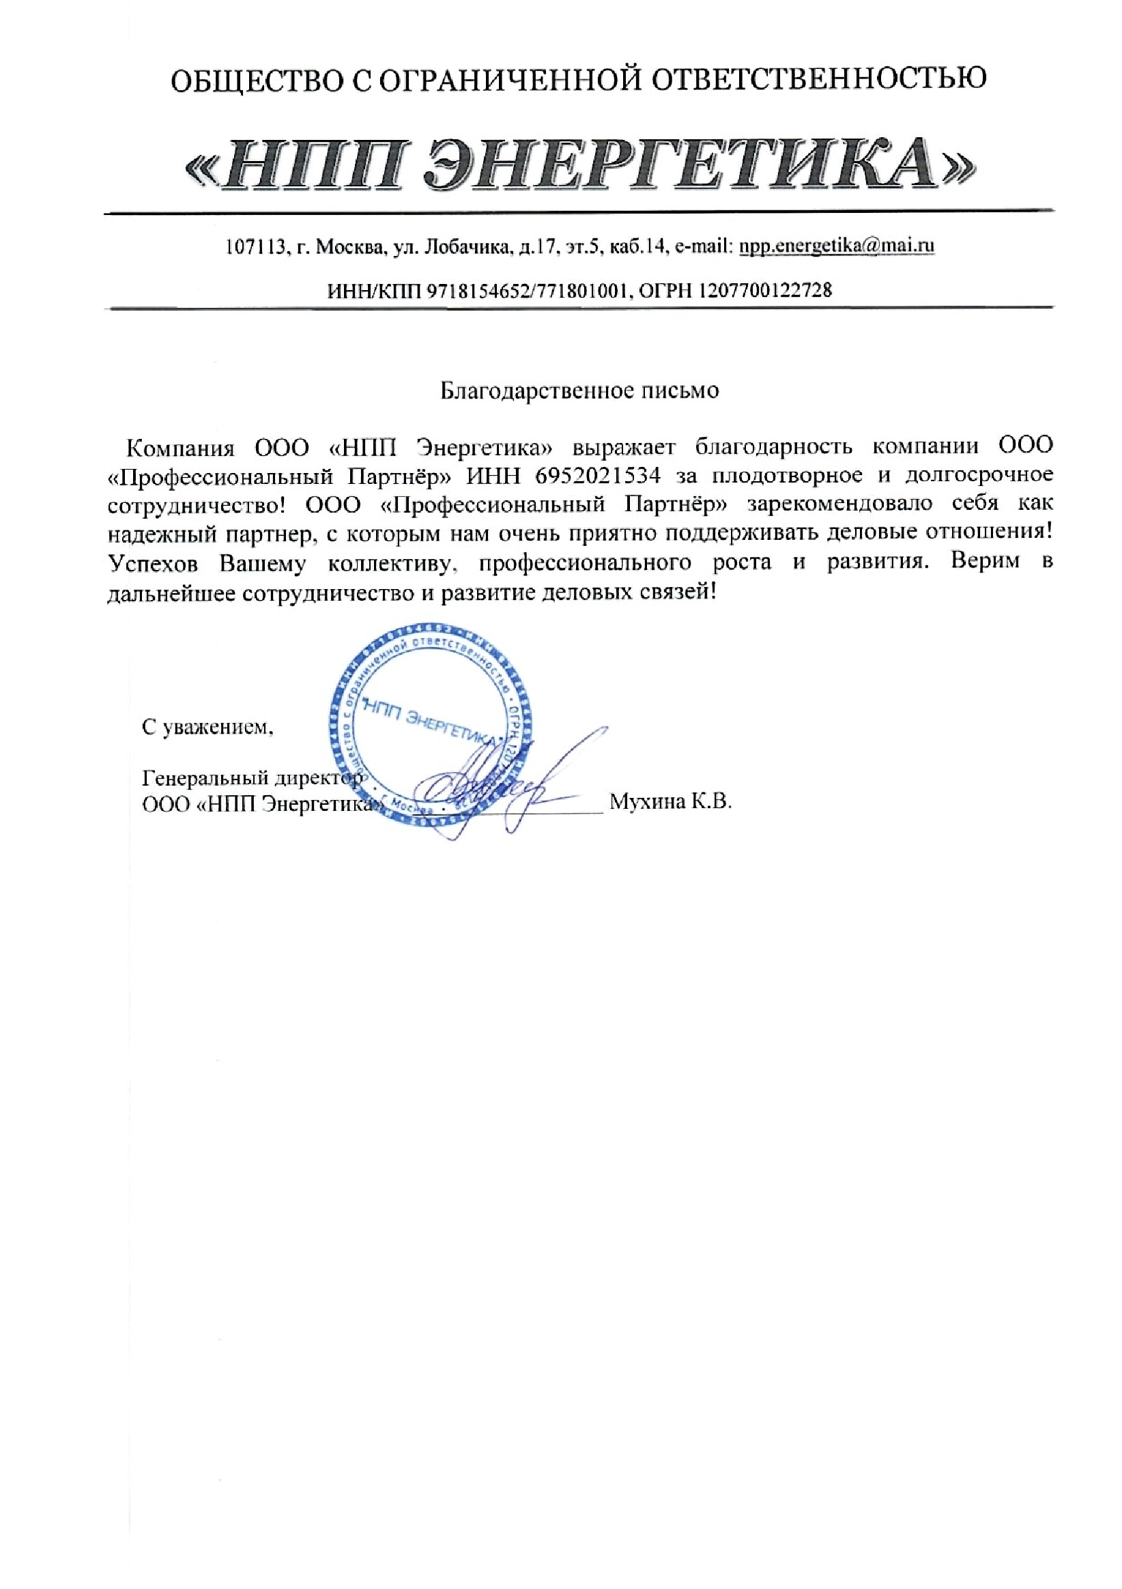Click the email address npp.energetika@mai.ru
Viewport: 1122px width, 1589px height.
837,246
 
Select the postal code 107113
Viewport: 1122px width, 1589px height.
256,246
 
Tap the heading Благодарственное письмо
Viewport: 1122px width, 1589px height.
580,391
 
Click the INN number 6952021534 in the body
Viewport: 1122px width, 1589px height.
597,475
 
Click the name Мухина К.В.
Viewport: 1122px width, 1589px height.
670,802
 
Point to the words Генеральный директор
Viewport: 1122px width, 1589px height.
252,779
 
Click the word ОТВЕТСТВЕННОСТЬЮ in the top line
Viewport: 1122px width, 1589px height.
820,79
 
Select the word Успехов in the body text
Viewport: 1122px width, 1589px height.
154,563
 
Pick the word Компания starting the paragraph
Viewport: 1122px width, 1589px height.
181,446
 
